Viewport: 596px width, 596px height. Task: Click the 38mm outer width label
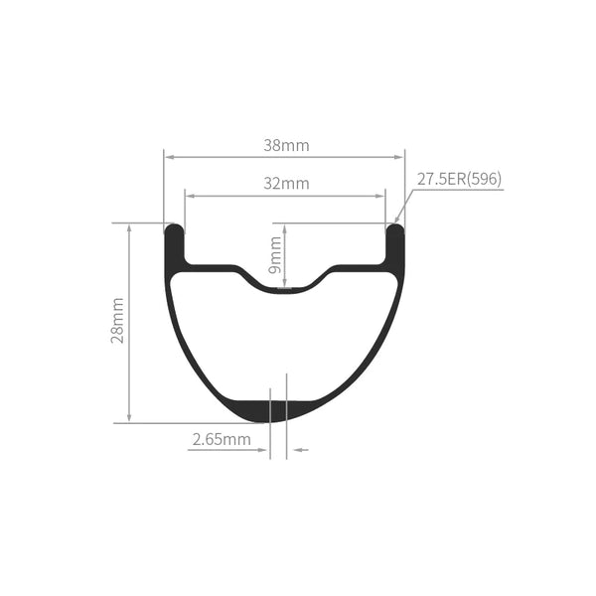(286, 145)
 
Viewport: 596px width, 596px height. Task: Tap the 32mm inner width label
(286, 184)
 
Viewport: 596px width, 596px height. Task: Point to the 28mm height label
(118, 321)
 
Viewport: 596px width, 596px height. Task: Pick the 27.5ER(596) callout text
(459, 180)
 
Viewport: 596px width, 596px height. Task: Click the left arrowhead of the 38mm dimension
(169, 157)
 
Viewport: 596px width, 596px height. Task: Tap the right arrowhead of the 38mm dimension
(400, 157)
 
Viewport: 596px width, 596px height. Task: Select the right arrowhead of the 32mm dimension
(380, 195)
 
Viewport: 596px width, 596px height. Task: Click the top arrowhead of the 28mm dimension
(129, 227)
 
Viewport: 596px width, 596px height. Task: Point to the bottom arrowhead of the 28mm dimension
(129, 417)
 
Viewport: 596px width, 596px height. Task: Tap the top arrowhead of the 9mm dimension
(285, 227)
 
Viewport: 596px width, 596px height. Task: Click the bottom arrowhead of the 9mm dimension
(285, 286)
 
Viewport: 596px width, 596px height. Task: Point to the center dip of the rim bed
(285, 287)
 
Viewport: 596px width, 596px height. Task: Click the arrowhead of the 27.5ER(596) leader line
(397, 222)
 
